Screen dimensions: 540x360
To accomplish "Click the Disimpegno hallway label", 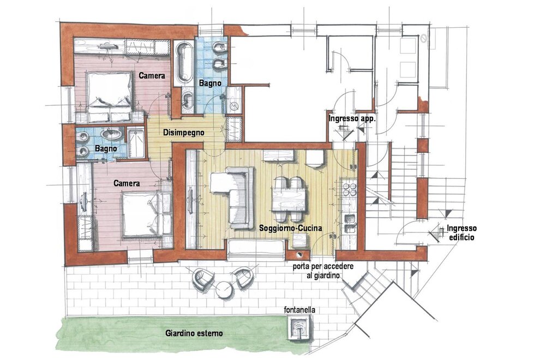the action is [184, 133].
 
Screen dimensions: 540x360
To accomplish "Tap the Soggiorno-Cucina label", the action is [290, 228].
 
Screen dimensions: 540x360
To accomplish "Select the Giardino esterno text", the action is [194, 333].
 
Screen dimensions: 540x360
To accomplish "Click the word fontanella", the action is [299, 310].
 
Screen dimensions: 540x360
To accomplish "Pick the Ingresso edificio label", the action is [461, 232].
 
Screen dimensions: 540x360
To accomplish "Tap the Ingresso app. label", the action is [352, 119].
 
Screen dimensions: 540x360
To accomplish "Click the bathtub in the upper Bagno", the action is [184, 62].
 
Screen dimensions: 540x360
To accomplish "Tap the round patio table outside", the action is [225, 290].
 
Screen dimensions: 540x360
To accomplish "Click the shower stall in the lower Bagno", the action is [136, 142].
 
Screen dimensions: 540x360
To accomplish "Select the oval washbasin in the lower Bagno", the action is [111, 134].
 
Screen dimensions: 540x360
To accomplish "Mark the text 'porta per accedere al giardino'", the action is [323, 271].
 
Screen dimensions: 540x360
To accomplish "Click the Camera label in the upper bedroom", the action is [152, 75].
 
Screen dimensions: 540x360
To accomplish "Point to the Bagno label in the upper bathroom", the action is [210, 83].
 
